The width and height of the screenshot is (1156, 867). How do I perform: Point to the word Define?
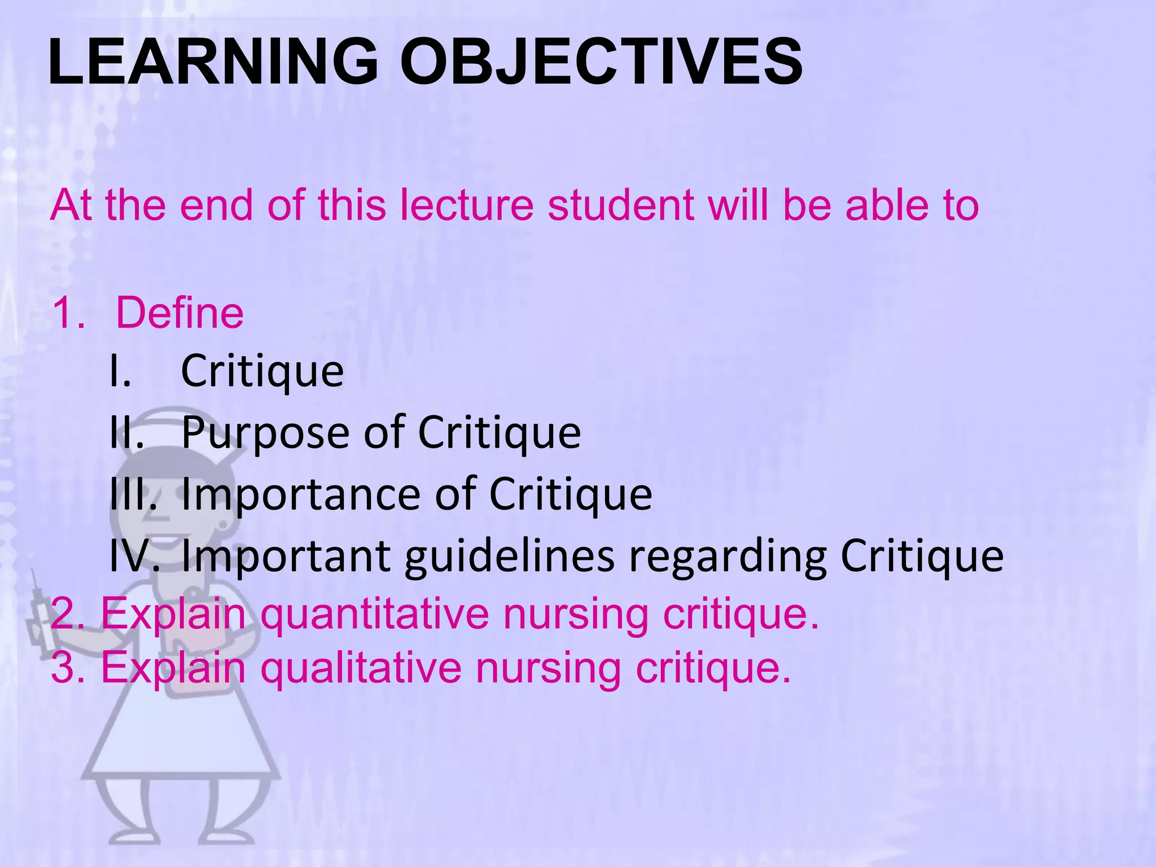pyautogui.click(x=179, y=313)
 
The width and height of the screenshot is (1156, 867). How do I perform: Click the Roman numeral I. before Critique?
pyautogui.click(x=120, y=371)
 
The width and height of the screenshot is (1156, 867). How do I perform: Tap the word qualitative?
pyautogui.click(x=361, y=668)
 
